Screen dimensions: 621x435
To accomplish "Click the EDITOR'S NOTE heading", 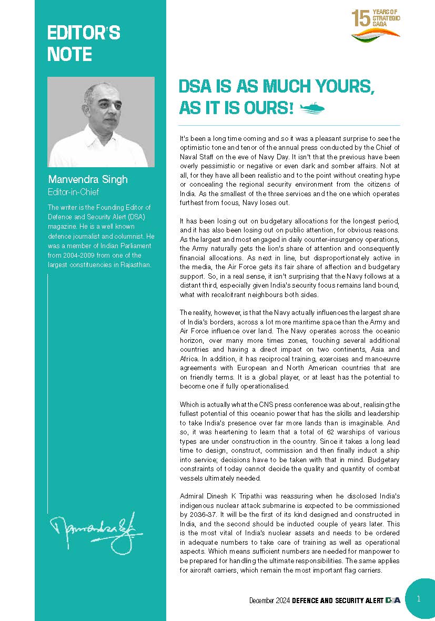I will tap(84, 44).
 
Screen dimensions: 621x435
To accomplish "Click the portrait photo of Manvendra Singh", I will tap(101, 122).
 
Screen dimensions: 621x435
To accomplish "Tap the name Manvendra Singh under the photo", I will tap(88, 180).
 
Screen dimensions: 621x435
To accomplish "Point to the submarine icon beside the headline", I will tap(312, 108).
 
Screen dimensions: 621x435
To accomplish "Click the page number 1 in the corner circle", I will tap(418, 598).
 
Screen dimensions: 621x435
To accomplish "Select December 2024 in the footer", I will tap(270, 600).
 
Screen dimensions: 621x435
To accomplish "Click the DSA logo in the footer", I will tap(393, 600).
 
